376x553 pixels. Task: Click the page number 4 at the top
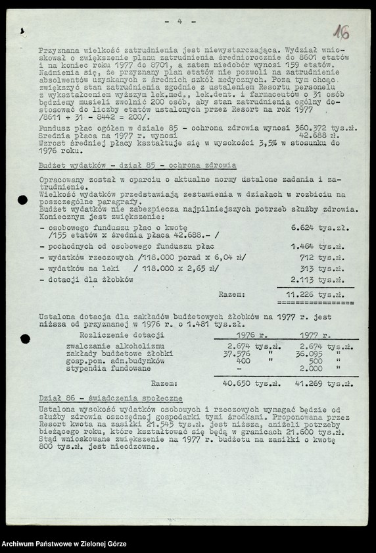[179, 22]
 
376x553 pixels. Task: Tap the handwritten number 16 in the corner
[341, 32]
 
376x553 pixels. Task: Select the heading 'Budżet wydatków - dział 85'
[137, 166]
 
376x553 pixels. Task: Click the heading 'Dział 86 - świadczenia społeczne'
[110, 400]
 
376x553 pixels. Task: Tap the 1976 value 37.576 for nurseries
[237, 354]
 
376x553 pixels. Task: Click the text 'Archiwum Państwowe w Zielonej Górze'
[64, 544]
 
